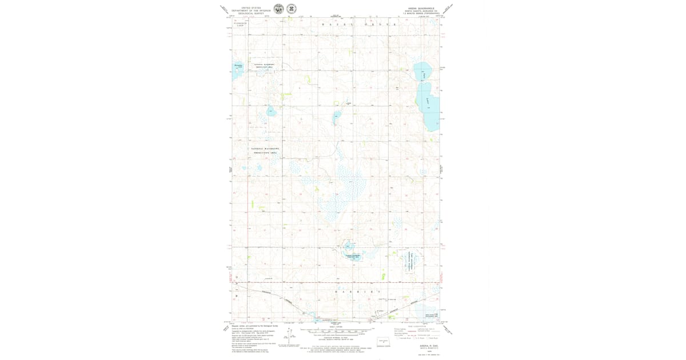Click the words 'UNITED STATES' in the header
[x=251, y=8]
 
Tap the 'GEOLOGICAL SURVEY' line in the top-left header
[x=251, y=13]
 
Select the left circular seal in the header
[x=278, y=9]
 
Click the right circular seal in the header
[x=292, y=9]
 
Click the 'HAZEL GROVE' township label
[x=359, y=25]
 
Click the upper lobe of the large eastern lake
[x=423, y=71]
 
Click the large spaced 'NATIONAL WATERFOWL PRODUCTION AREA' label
[x=264, y=150]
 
